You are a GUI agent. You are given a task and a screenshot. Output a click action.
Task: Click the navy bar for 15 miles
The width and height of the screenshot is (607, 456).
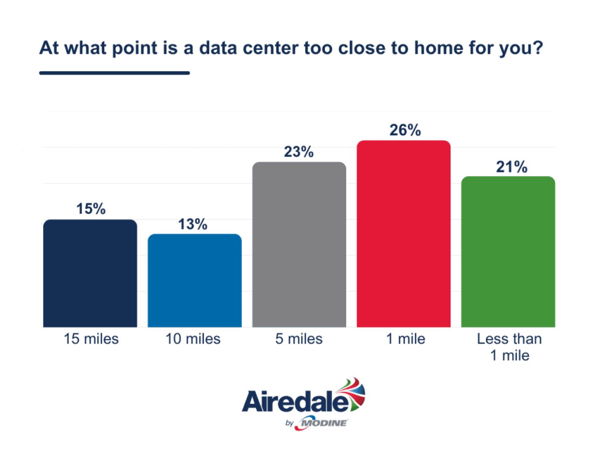pos(90,273)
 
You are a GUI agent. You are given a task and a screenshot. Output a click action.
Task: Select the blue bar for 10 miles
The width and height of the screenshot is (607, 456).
pos(194,280)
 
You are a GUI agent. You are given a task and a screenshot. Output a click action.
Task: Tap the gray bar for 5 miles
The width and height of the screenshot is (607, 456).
pos(299,244)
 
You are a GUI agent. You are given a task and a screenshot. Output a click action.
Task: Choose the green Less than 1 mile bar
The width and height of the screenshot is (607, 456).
pos(508,252)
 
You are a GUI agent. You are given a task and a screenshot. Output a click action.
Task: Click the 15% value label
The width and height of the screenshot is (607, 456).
pos(91,209)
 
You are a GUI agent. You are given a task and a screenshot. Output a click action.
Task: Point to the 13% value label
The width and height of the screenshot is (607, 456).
pos(193,224)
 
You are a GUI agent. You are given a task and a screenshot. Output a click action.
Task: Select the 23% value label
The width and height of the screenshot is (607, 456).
pos(299,152)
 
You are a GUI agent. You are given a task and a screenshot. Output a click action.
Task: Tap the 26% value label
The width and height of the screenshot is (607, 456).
pos(405,130)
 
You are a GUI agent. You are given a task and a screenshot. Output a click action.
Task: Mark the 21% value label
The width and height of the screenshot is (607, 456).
pos(511,167)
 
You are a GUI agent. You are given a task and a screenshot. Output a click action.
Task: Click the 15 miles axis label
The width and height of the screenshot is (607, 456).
pos(91,339)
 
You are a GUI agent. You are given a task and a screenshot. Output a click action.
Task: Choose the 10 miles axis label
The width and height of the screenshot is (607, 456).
pos(193,339)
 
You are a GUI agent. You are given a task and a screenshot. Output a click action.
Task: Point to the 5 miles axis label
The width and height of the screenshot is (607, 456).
pos(299,339)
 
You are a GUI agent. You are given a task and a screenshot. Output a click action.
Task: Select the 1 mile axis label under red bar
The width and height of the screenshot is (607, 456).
pos(406,339)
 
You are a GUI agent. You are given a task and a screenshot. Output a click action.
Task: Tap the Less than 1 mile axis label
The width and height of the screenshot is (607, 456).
pos(509,347)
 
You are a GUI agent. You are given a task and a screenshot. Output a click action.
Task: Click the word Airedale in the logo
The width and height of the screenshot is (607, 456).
pos(295,402)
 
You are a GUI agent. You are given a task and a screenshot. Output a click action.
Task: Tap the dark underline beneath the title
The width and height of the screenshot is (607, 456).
pos(114,73)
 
